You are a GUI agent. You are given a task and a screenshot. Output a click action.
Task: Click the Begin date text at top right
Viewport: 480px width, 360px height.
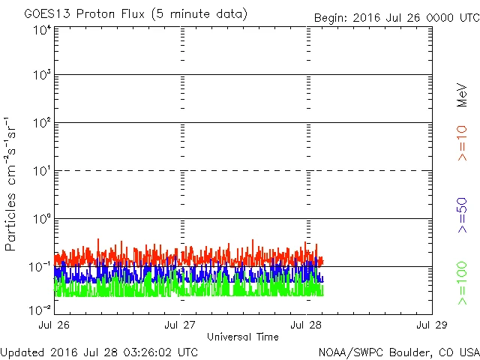394,17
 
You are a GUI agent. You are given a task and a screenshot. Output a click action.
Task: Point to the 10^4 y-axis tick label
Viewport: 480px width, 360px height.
41,30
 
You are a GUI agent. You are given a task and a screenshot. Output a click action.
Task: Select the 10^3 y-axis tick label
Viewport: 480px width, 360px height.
41,76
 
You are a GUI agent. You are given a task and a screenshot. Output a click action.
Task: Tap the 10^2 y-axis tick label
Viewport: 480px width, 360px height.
41,123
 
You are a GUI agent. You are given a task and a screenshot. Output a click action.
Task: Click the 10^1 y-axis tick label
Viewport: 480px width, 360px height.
41,171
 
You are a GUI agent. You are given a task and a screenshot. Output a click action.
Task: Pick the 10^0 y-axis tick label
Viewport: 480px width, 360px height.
41,219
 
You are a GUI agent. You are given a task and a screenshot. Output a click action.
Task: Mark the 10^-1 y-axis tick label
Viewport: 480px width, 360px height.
40,267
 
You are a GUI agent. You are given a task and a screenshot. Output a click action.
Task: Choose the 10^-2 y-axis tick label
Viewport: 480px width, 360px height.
40,309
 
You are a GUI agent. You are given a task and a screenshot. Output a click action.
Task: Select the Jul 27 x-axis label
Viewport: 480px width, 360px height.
181,325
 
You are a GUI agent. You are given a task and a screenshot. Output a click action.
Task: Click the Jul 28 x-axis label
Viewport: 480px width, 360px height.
307,325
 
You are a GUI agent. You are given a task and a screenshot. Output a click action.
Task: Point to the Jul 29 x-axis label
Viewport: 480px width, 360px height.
431,325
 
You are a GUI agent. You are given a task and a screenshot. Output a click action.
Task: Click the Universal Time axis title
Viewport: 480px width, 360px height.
243,337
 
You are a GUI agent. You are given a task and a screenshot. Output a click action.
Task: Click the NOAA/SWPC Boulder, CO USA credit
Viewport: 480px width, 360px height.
397,351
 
